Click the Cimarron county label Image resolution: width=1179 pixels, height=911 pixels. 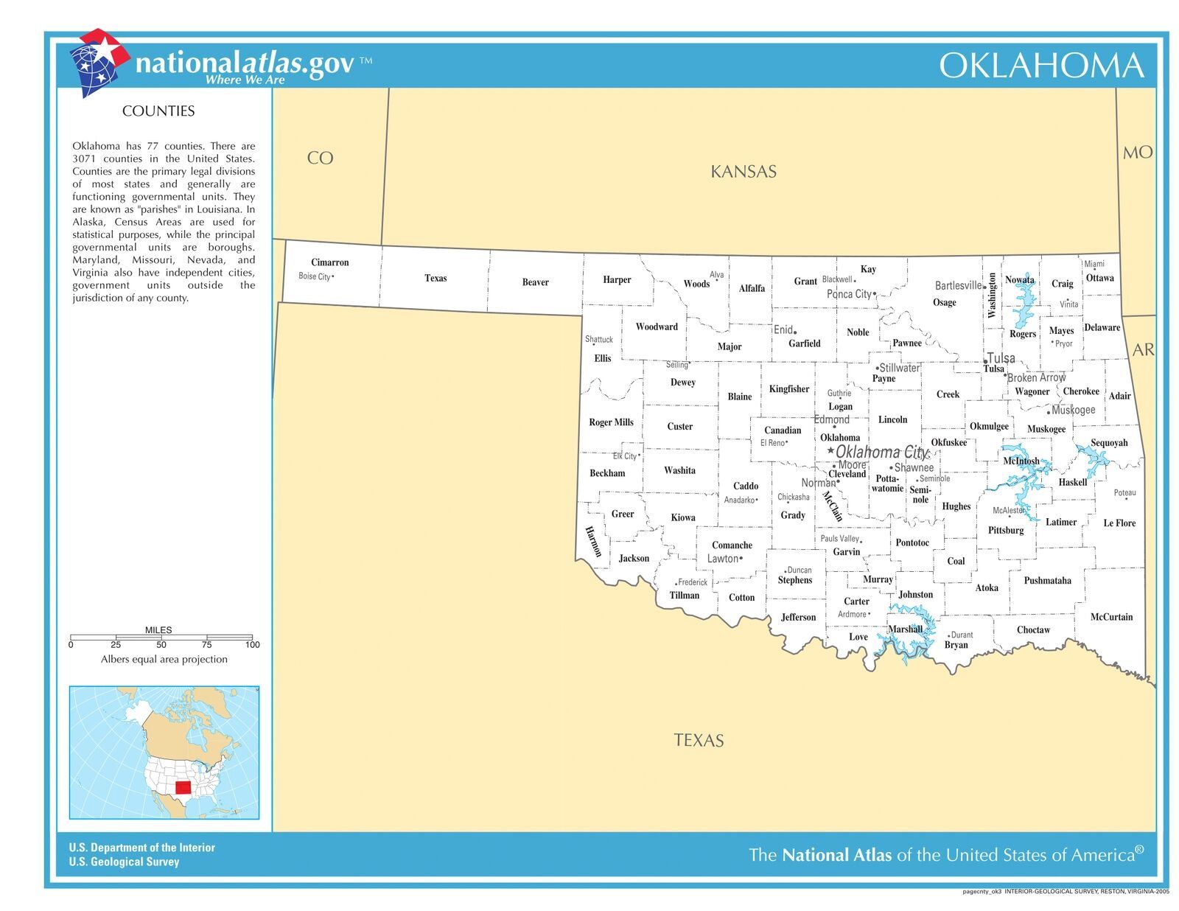click(x=329, y=262)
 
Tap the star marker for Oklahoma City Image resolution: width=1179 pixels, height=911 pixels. click(x=830, y=450)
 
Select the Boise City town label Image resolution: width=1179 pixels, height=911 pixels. click(x=314, y=276)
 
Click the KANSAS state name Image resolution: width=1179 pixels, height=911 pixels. click(x=743, y=172)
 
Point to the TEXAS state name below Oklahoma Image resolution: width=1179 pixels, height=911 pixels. click(x=698, y=740)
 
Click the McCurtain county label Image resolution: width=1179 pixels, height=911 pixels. click(x=1111, y=617)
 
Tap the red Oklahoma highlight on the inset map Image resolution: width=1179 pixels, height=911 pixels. click(x=183, y=789)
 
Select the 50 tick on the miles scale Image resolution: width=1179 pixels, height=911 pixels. click(x=161, y=645)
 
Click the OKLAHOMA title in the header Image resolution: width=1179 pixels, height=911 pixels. click(x=1040, y=66)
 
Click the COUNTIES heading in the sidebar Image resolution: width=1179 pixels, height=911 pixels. click(x=158, y=111)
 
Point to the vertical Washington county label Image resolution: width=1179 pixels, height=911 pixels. click(x=992, y=295)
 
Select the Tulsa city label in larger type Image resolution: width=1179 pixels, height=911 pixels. click(x=1001, y=357)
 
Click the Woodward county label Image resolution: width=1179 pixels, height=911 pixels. click(x=657, y=327)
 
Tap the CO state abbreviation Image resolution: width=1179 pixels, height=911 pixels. click(x=320, y=158)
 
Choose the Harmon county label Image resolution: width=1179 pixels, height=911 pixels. click(x=593, y=542)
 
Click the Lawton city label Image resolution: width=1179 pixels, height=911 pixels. click(x=722, y=559)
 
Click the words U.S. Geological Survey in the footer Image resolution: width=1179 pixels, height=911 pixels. click(x=124, y=862)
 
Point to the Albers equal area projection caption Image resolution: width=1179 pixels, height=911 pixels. click(x=164, y=659)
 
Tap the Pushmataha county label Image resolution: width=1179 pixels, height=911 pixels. click(x=1047, y=581)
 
